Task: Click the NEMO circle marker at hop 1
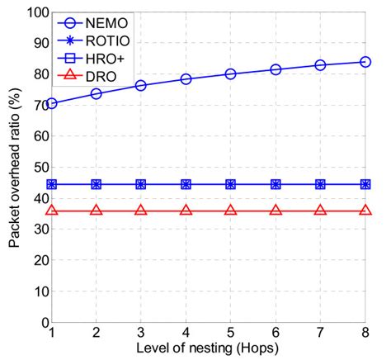[x=53, y=103]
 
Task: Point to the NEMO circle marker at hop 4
[x=186, y=79]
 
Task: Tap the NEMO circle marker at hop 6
[x=276, y=69]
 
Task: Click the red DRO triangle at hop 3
[x=142, y=211]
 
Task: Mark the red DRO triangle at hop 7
[x=320, y=211]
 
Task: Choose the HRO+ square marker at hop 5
[x=231, y=184]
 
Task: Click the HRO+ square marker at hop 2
[x=97, y=184]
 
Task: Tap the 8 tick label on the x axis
[x=365, y=334]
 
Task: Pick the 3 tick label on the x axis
[x=142, y=334]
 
